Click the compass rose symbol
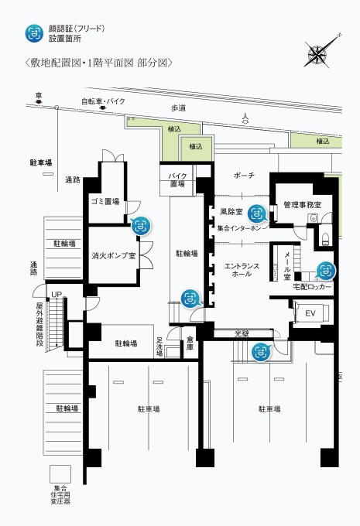coord(318,52)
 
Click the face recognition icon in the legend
coord(33,32)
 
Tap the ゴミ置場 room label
coord(105,201)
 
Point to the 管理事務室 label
coord(307,205)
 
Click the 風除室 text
coord(231,211)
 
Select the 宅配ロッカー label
coord(312,287)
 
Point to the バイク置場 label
coord(177,180)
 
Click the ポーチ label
coord(244,176)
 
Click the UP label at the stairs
coord(56,295)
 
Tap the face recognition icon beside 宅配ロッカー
coord(327,271)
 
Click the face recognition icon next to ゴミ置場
coord(140,226)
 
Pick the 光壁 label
coord(242,333)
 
